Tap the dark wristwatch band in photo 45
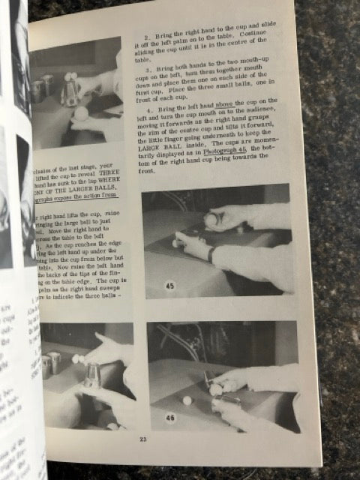pyautogui.click(x=214, y=253)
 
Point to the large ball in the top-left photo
pyautogui.click(x=78, y=113)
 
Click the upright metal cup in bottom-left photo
pyautogui.click(x=92, y=373)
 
